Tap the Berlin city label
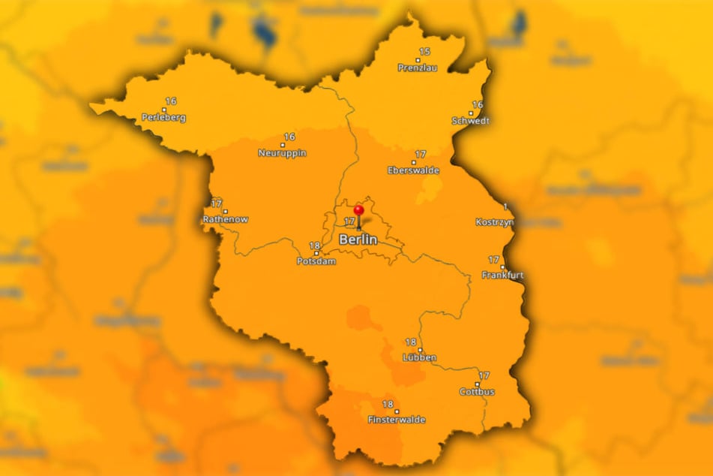[358, 240]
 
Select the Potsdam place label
[317, 261]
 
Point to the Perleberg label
[163, 117]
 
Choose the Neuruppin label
[282, 152]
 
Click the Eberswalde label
[413, 170]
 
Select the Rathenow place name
[225, 219]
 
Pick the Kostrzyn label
[495, 221]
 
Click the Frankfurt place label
[503, 275]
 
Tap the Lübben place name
[419, 357]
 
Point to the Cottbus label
[477, 391]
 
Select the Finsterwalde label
[397, 420]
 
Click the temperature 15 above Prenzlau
[424, 51]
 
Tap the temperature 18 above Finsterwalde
[388, 404]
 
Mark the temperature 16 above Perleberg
[171, 101]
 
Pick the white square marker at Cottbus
[477, 384]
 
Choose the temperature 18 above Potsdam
[315, 246]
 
